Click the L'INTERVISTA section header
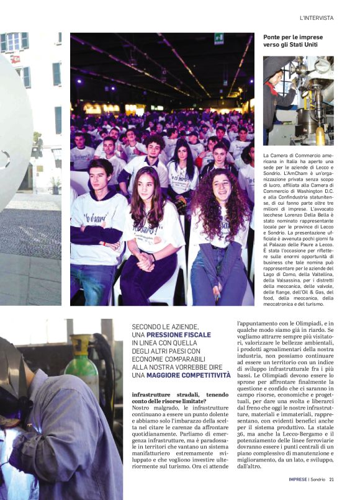pyautogui.click(x=316, y=19)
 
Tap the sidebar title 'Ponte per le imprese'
pyautogui.click(x=293, y=37)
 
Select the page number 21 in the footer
pyautogui.click(x=332, y=479)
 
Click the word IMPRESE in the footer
pyautogui.click(x=300, y=479)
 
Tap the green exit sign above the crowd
pyautogui.click(x=218, y=38)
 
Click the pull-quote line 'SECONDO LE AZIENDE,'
pyautogui.click(x=165, y=327)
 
